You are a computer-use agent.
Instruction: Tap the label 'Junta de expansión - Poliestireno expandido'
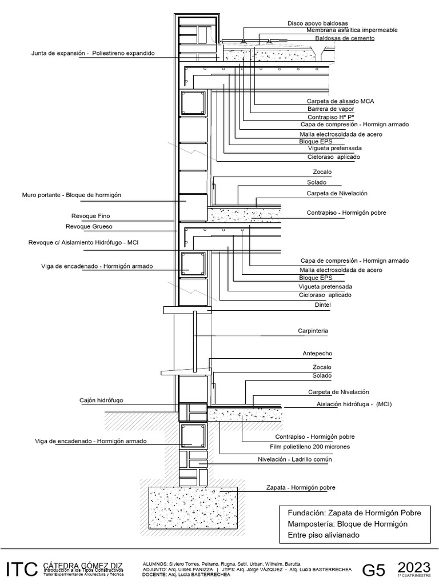(93, 54)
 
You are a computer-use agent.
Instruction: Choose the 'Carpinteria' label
(313, 331)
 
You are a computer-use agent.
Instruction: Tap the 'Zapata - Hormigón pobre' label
(300, 487)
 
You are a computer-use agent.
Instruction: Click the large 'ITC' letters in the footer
(22, 569)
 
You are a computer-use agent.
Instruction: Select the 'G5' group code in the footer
(375, 570)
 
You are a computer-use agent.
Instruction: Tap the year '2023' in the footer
(414, 567)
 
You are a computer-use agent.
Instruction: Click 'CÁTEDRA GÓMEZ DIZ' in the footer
(83, 564)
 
